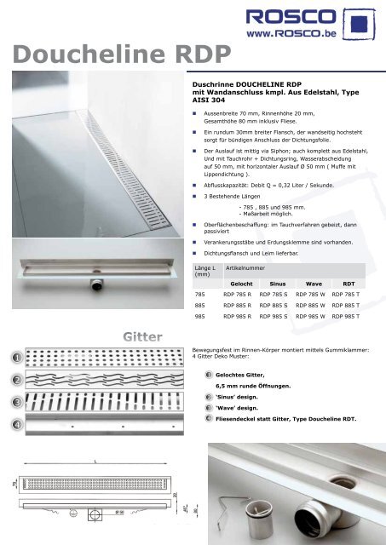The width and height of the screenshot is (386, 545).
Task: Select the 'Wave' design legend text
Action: point(242,408)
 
